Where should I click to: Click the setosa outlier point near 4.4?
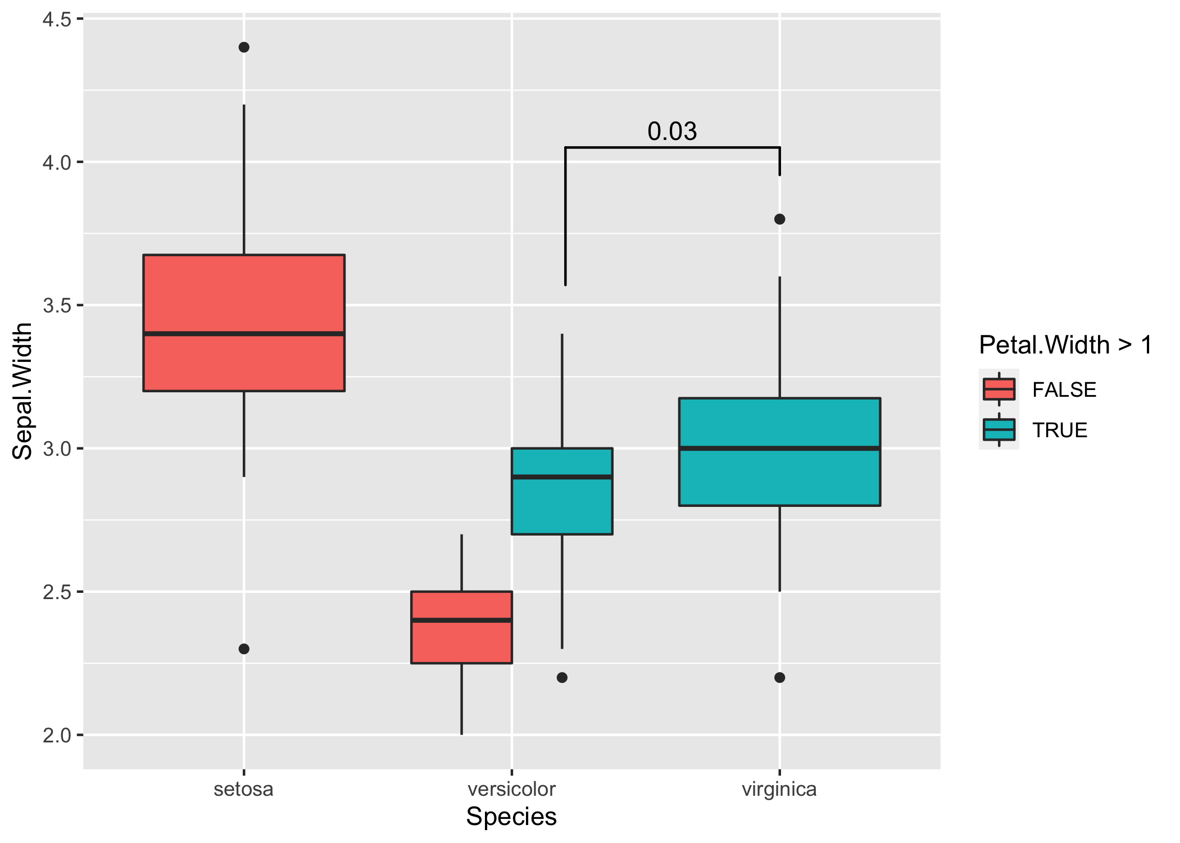(244, 47)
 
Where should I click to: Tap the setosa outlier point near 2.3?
(244, 649)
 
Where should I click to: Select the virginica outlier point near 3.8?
(779, 219)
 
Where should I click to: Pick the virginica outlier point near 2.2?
(779, 678)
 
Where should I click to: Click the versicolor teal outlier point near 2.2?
(562, 678)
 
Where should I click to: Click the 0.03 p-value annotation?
(672, 132)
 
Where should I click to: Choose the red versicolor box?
(461, 641)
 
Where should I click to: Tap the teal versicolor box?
(562, 506)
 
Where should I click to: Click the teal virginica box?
(779, 478)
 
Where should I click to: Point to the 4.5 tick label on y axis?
(57, 20)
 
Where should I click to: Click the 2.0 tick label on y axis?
(57, 735)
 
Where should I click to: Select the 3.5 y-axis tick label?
(57, 306)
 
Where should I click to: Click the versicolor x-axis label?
(511, 789)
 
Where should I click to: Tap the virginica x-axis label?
(779, 789)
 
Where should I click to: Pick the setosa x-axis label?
(244, 789)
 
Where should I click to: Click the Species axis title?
(511, 817)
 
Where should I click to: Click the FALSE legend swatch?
(999, 389)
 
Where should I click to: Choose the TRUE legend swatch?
(999, 430)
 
